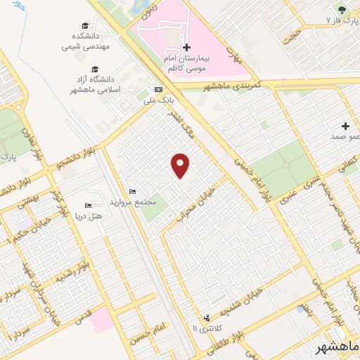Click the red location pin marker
point(181,165)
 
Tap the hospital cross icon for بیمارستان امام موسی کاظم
point(186,48)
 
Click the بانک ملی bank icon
point(158,90)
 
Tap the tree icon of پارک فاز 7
point(342,10)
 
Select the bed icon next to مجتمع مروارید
point(132,192)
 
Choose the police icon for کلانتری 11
point(207,318)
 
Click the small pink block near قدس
point(101,320)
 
